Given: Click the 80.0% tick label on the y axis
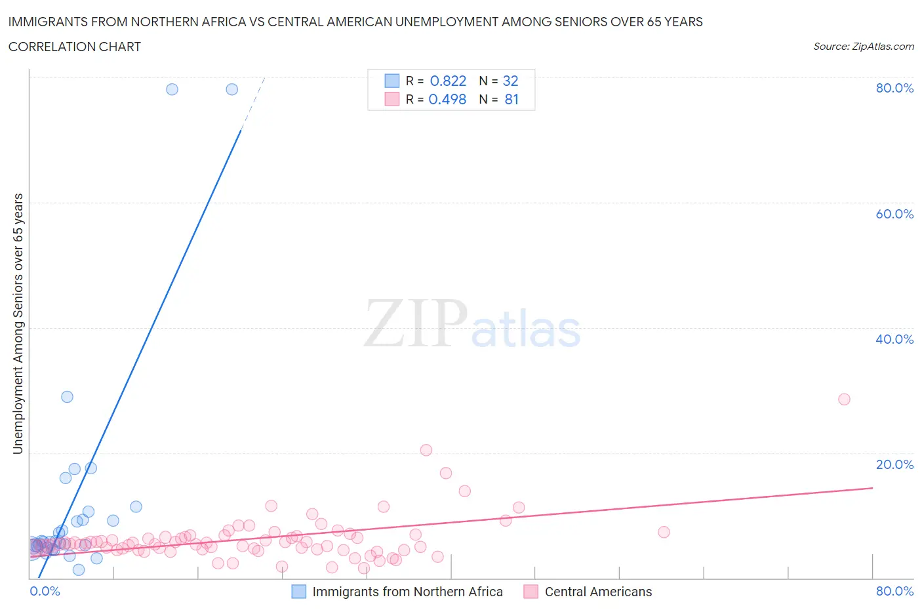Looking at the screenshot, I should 894,88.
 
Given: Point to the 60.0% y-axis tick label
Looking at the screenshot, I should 894,214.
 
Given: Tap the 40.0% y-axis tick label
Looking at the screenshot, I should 894,339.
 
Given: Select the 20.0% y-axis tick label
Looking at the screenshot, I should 894,464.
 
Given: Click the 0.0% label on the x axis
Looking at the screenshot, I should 45,591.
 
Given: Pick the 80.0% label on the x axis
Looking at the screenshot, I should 894,591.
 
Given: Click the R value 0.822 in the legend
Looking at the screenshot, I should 448,81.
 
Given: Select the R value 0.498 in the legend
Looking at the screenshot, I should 447,99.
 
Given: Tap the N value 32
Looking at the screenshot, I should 510,81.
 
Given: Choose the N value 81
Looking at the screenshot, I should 511,99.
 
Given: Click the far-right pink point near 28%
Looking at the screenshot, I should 844,399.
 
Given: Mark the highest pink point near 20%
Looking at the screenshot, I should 426,450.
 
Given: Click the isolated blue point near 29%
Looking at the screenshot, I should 67,397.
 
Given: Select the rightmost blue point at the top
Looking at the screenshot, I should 232,89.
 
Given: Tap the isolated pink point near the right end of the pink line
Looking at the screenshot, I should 664,532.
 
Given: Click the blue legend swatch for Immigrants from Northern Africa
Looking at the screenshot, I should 299,592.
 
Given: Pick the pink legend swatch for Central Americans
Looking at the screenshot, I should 531,592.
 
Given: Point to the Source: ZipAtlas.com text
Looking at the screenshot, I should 863,47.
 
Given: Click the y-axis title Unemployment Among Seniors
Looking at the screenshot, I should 18,323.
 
